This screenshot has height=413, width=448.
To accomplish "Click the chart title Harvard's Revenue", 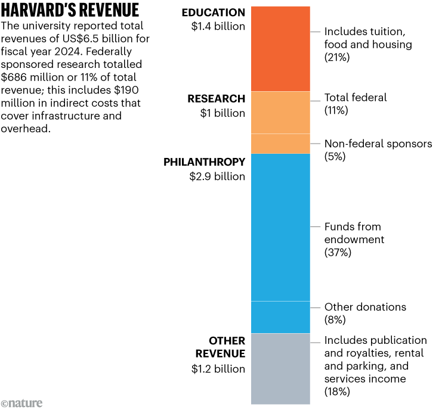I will (x=71, y=10).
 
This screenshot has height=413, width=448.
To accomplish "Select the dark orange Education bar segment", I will (x=280, y=48).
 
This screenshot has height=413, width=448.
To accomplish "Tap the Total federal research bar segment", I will (x=280, y=112).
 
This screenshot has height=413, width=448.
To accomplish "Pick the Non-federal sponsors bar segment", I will (x=280, y=144).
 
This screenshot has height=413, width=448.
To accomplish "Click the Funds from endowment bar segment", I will (x=280, y=227).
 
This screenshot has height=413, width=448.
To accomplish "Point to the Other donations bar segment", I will (x=280, y=317).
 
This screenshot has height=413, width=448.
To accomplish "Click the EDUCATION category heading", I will (x=213, y=13).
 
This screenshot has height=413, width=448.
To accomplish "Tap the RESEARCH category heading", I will (x=216, y=99).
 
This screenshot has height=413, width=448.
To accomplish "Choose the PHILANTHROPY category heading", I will (x=204, y=162).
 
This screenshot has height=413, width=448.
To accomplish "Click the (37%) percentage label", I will (x=338, y=252).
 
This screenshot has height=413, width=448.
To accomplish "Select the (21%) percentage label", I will (x=336, y=58).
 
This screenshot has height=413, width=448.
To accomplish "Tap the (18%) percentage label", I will (x=337, y=392).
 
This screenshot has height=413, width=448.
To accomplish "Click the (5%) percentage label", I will (x=335, y=157).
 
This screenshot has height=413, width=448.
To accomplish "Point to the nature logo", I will (x=22, y=403).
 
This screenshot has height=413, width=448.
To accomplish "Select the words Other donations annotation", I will (x=365, y=308).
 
